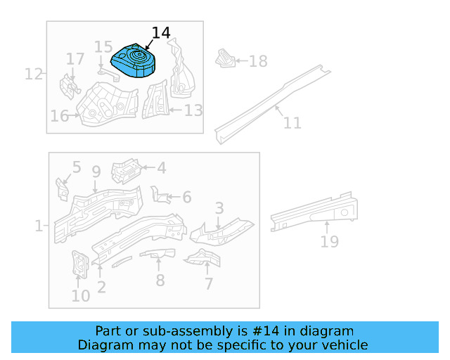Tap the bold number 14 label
pos(160,33)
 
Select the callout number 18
pos(258,61)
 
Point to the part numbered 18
pos(224,59)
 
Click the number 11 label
pos(292,123)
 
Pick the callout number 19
pos(329,242)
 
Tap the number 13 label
pos(193,110)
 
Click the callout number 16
pos(60,115)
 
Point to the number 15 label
pos(103,48)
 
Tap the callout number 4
pos(161,168)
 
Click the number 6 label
pos(186,198)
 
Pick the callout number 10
pos(80,295)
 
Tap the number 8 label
pos(160,280)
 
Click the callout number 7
pos(209,284)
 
